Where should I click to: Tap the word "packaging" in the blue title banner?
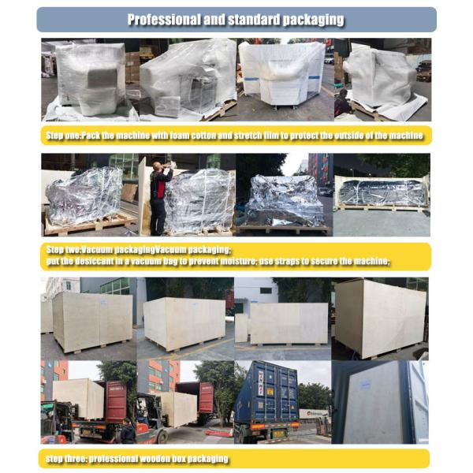(x=311, y=20)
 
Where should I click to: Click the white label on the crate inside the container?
(x=362, y=385)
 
